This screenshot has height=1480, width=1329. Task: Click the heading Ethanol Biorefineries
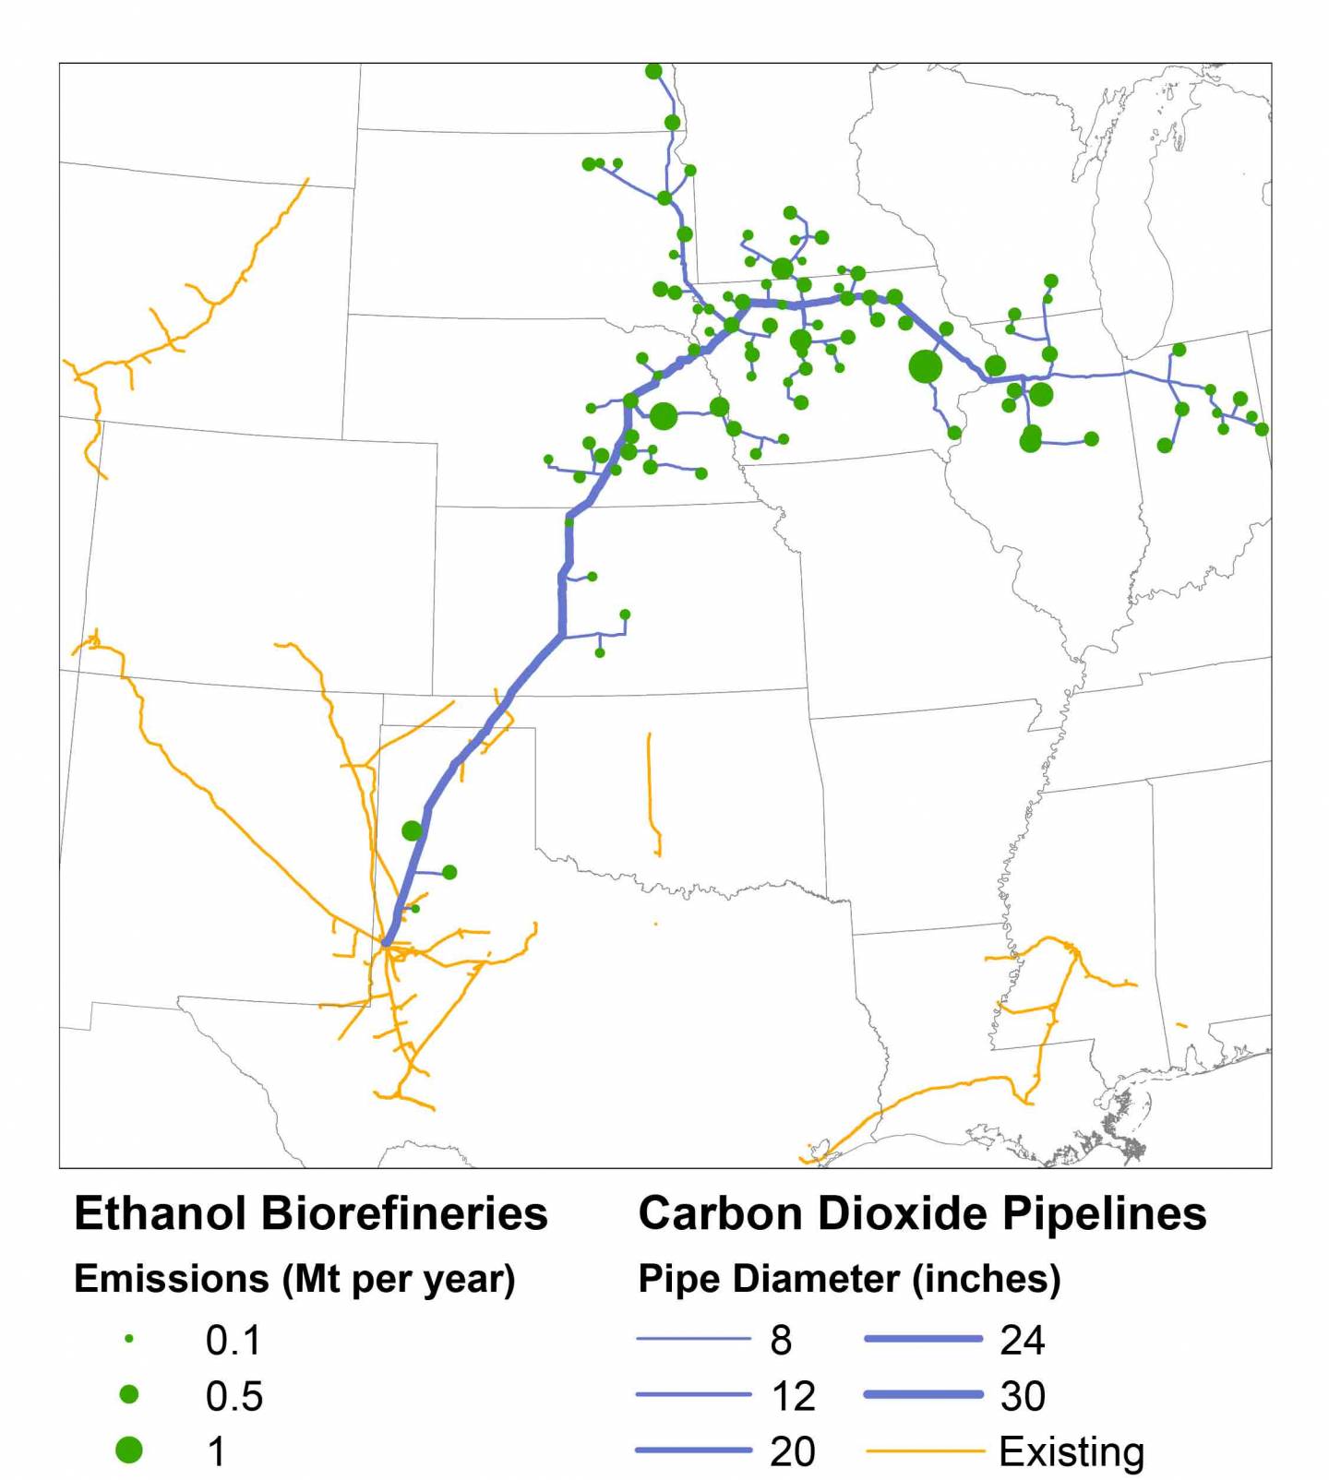coord(311,1213)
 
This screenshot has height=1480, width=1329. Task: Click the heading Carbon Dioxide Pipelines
coord(922,1213)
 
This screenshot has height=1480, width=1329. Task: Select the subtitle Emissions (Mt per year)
coord(294,1279)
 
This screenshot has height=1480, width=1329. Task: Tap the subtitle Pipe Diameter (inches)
coord(849,1279)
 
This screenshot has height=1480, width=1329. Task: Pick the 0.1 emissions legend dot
coord(129,1339)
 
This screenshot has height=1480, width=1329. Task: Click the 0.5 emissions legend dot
coord(129,1395)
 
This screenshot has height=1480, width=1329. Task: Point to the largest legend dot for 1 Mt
coord(129,1450)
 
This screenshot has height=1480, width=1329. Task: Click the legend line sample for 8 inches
coord(693,1339)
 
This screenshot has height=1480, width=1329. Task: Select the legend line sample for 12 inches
coord(693,1395)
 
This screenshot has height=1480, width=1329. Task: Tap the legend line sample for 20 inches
coord(693,1450)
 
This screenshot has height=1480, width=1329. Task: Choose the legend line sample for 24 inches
coord(923,1339)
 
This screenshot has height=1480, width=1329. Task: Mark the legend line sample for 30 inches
coord(923,1395)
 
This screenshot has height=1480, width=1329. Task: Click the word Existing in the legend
coord(1071,1451)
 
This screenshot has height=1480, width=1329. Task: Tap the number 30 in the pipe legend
coord(1023,1396)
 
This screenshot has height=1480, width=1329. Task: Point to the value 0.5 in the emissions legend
coord(234,1396)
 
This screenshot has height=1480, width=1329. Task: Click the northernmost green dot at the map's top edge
coord(653,71)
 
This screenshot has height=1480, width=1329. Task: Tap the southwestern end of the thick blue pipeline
coord(387,942)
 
